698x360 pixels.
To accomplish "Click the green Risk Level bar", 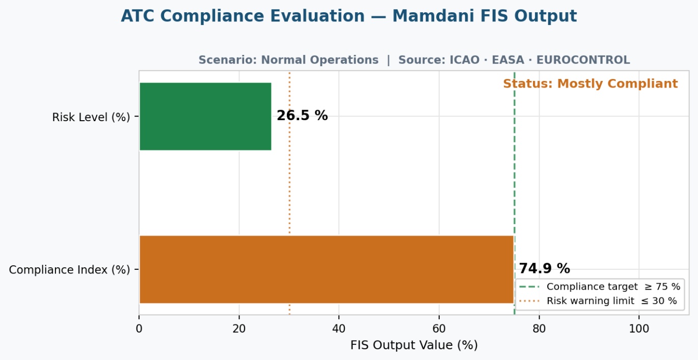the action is tap(205, 117).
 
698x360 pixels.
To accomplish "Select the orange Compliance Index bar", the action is tap(327, 269).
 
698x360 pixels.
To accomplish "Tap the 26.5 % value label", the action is tap(302, 116).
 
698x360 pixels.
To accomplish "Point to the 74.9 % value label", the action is tap(544, 268).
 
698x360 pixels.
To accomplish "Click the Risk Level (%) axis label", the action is tap(91, 117).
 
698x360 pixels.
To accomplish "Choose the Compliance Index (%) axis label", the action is tap(69, 270).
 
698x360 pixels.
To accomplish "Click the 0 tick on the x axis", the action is tap(139, 329).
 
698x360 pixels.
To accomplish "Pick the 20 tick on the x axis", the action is tap(239, 329).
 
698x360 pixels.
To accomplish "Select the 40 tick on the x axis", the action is tap(339, 329).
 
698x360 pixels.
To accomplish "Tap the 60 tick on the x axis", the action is tap(439, 329).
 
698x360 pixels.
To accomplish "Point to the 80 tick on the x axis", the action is tap(539, 329).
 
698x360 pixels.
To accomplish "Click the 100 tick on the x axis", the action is tap(639, 329).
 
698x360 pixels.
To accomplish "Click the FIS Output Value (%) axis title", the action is tap(414, 345).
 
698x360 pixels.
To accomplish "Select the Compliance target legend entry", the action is tap(600, 287).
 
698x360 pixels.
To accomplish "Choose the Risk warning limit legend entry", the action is tap(598, 301).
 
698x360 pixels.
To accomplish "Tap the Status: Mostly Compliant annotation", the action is tap(590, 84).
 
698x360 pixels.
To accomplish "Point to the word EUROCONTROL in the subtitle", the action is tap(583, 60).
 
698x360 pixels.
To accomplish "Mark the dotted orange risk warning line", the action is tap(289, 193).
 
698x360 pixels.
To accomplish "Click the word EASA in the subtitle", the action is tap(508, 60).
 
